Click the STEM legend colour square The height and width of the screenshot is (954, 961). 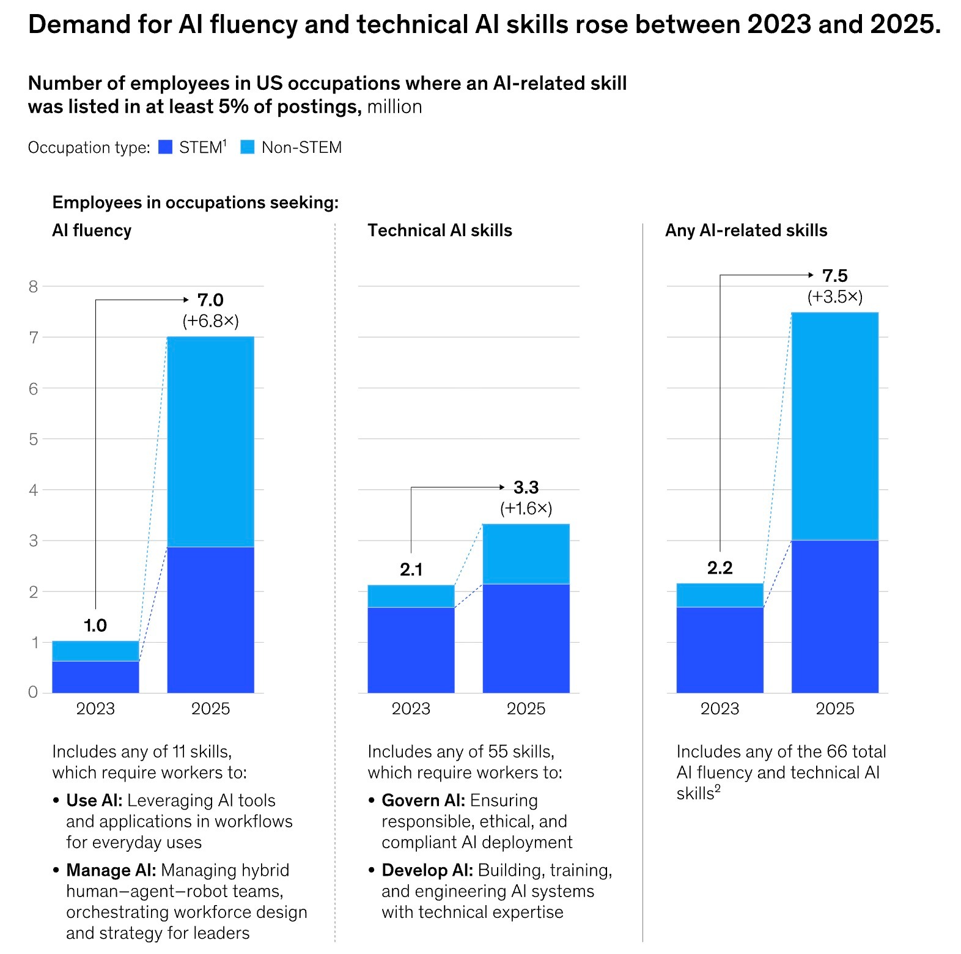coord(165,147)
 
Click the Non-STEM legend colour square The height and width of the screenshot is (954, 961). coord(248,147)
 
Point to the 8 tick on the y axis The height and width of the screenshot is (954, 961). coord(33,286)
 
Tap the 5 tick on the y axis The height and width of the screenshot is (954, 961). coord(33,439)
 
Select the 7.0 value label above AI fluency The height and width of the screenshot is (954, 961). coord(210,300)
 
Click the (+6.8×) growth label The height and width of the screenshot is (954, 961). coord(210,321)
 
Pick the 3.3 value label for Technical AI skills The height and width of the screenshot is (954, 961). coord(526,487)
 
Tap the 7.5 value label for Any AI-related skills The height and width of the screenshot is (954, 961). coord(834,276)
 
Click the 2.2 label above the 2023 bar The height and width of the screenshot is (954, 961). coord(720,568)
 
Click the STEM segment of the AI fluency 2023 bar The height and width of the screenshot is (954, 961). coord(95,677)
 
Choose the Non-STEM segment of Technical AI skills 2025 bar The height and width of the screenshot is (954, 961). coord(526,554)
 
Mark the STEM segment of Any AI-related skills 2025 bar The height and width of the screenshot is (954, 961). coord(834,616)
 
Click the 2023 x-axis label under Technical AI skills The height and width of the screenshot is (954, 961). coord(411,709)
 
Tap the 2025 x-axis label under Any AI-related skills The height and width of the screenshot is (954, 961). coord(834,709)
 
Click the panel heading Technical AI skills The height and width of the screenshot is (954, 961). coord(440,231)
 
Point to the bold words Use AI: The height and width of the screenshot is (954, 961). coord(94,801)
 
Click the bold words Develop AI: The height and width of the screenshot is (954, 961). coord(427,870)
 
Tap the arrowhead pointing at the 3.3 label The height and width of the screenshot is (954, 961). coord(502,487)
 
